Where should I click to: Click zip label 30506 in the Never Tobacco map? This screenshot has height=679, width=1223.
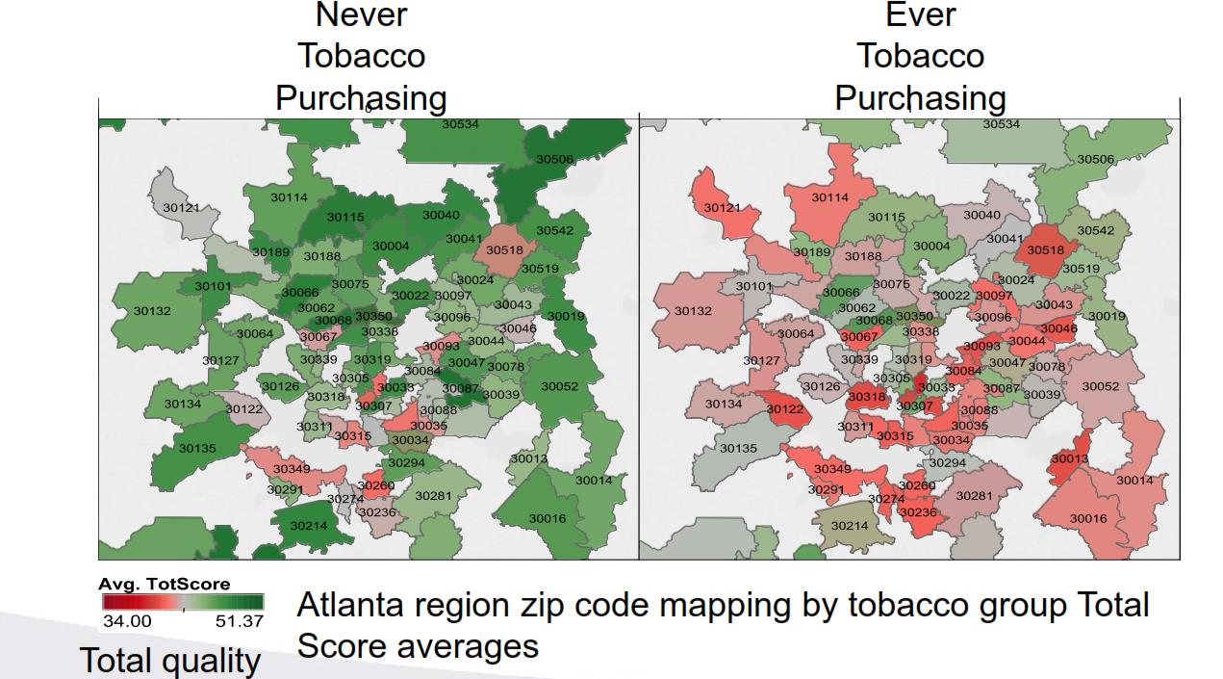click(x=554, y=159)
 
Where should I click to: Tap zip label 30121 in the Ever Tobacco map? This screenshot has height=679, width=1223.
click(x=722, y=208)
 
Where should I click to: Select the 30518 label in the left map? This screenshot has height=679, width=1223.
click(x=504, y=249)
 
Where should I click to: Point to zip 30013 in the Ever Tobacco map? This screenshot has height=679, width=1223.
click(x=1069, y=458)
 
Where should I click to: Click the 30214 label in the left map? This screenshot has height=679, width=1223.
click(x=308, y=526)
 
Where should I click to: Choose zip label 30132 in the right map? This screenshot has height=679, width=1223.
click(x=693, y=311)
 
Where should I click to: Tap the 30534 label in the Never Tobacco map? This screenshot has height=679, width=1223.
click(x=460, y=124)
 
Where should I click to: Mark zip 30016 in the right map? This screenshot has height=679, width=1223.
click(x=1088, y=519)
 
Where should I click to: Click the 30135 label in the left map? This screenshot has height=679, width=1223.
click(x=197, y=448)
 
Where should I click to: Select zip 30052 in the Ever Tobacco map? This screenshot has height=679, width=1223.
click(x=1101, y=386)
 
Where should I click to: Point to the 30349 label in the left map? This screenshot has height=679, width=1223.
click(x=292, y=469)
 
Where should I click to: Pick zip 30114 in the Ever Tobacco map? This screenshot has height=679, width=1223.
click(x=830, y=197)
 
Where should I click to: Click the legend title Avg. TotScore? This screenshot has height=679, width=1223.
click(x=165, y=584)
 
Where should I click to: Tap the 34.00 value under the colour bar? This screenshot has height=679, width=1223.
click(x=127, y=621)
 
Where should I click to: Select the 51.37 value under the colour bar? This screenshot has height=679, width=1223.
click(x=239, y=621)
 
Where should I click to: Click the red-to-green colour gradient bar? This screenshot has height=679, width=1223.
click(x=181, y=602)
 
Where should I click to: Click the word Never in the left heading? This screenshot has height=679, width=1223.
click(x=361, y=14)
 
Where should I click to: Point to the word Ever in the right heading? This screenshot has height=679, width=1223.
click(x=920, y=14)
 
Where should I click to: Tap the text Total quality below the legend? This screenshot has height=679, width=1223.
click(x=169, y=661)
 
